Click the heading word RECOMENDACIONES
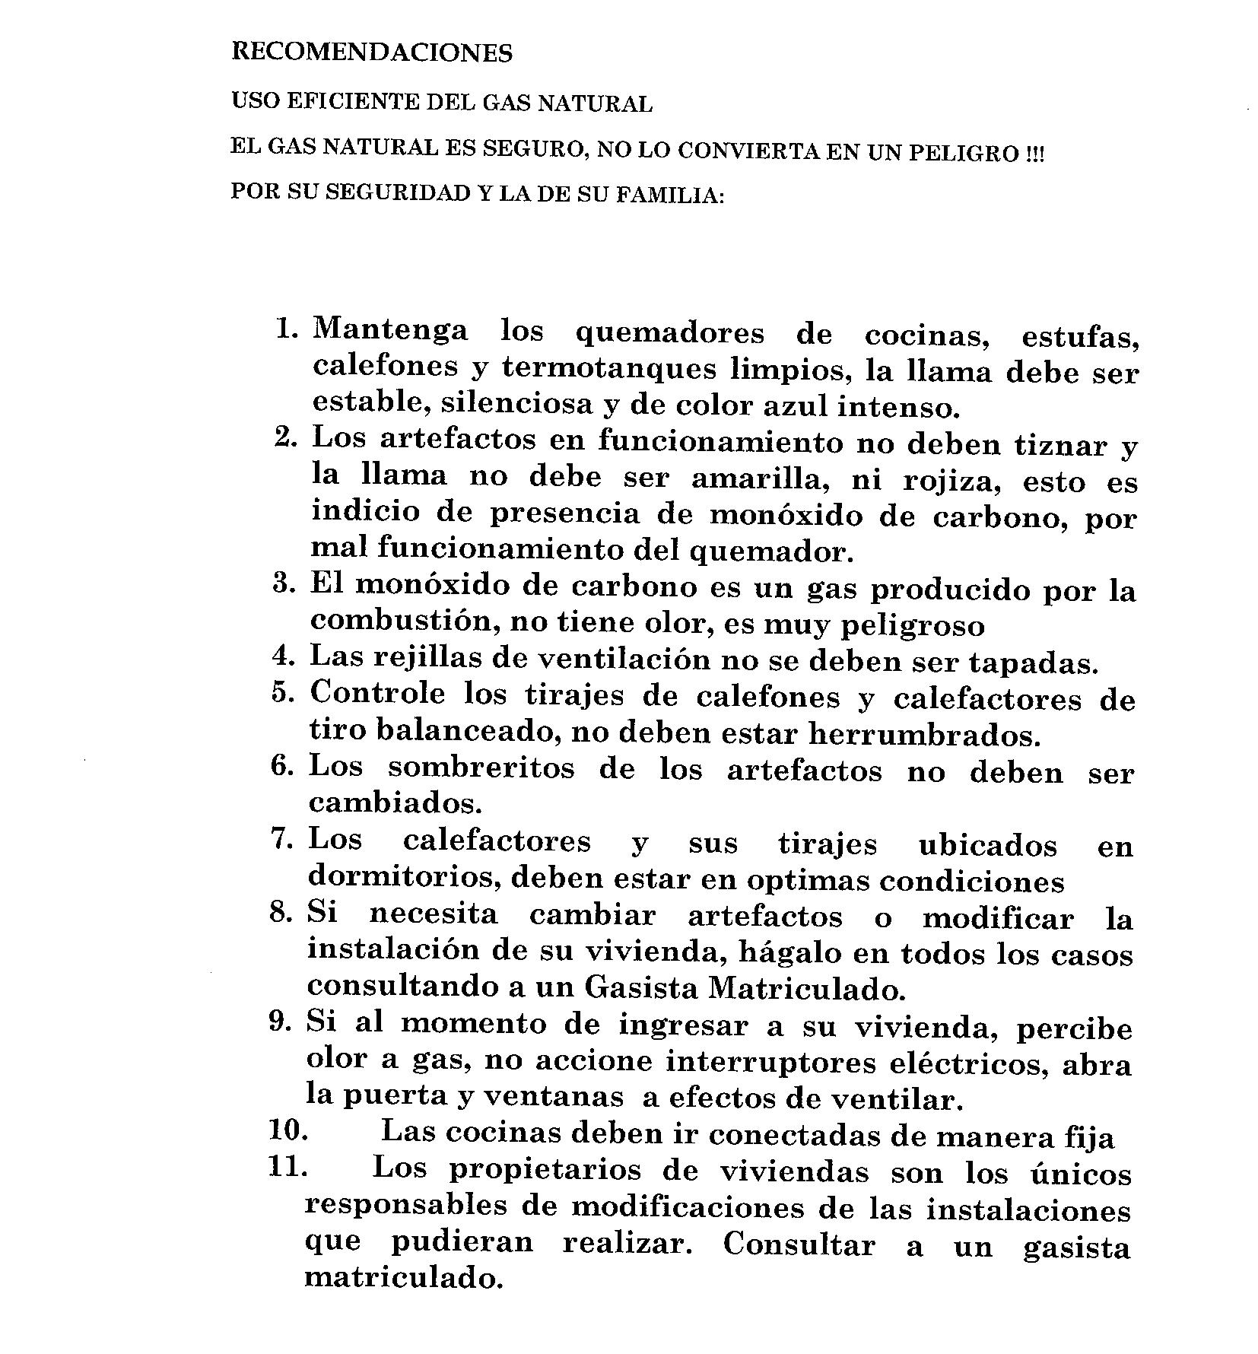[x=372, y=52]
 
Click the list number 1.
[x=286, y=329]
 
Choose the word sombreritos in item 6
[x=481, y=768]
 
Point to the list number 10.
[x=287, y=1130]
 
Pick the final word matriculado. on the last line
[x=404, y=1276]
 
